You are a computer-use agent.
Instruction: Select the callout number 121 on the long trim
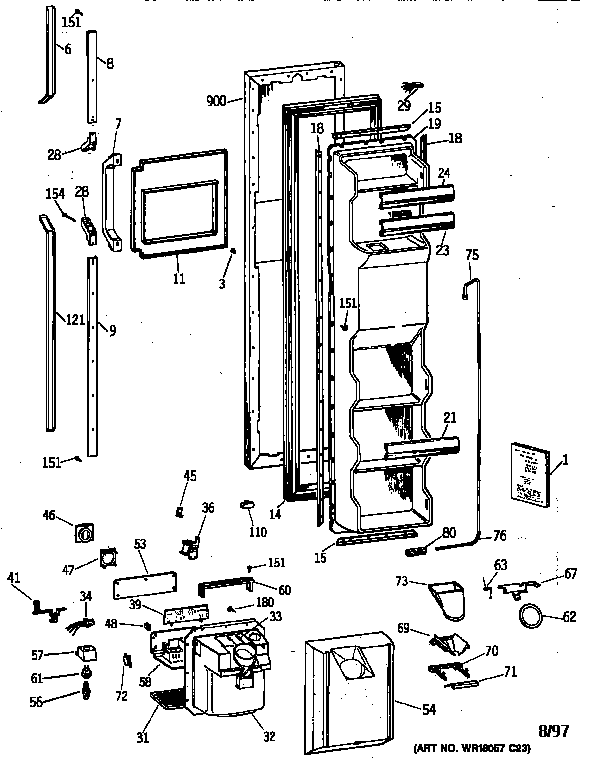point(45,319)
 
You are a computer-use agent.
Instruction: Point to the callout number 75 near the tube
point(471,254)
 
